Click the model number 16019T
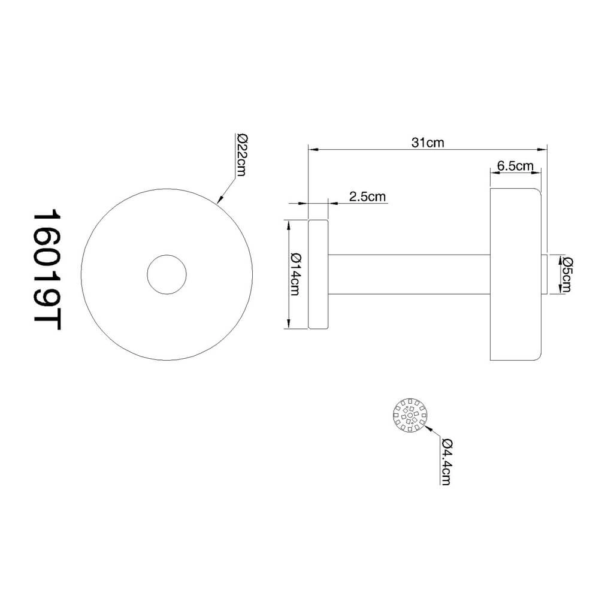click(x=48, y=269)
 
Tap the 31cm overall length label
click(x=427, y=143)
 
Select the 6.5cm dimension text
click(x=516, y=166)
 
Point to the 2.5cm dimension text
click(x=367, y=196)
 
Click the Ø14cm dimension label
click(x=295, y=275)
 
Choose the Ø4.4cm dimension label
click(x=445, y=461)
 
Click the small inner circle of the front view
click(x=167, y=275)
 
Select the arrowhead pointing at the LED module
click(x=428, y=427)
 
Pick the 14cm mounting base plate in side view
click(x=318, y=275)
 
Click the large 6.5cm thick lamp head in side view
click(x=515, y=275)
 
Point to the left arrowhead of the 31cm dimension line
click(x=312, y=149)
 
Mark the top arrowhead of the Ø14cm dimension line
click(x=289, y=225)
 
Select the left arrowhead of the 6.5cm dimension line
click(x=494, y=173)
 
